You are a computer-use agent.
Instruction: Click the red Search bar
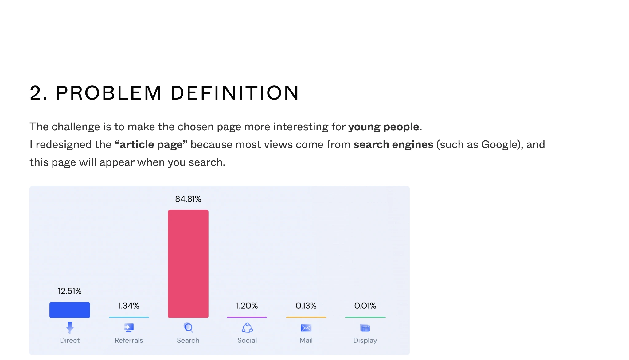coord(188,264)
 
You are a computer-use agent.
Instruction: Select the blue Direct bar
coord(70,310)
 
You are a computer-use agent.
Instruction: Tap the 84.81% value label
coord(188,199)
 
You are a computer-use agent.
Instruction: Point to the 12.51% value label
coord(70,291)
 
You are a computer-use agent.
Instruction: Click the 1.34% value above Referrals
coord(129,306)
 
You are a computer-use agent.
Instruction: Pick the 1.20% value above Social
coord(247,306)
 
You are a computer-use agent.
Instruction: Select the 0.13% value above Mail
coord(306,306)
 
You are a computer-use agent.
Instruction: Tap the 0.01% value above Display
coord(365,306)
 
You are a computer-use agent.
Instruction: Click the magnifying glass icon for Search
coord(188,327)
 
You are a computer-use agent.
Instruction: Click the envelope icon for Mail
coord(306,328)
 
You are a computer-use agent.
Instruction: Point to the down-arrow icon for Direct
coord(70,327)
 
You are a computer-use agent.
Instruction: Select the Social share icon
coord(247,328)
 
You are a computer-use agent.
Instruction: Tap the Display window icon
coord(365,328)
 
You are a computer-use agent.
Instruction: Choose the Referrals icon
coord(129,328)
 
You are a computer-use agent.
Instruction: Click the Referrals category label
coord(129,340)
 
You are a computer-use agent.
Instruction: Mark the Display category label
coord(365,341)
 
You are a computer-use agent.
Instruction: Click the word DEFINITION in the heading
coord(235,93)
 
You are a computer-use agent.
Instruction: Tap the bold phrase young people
coord(384,127)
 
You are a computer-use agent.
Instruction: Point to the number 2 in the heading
coord(36,93)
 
